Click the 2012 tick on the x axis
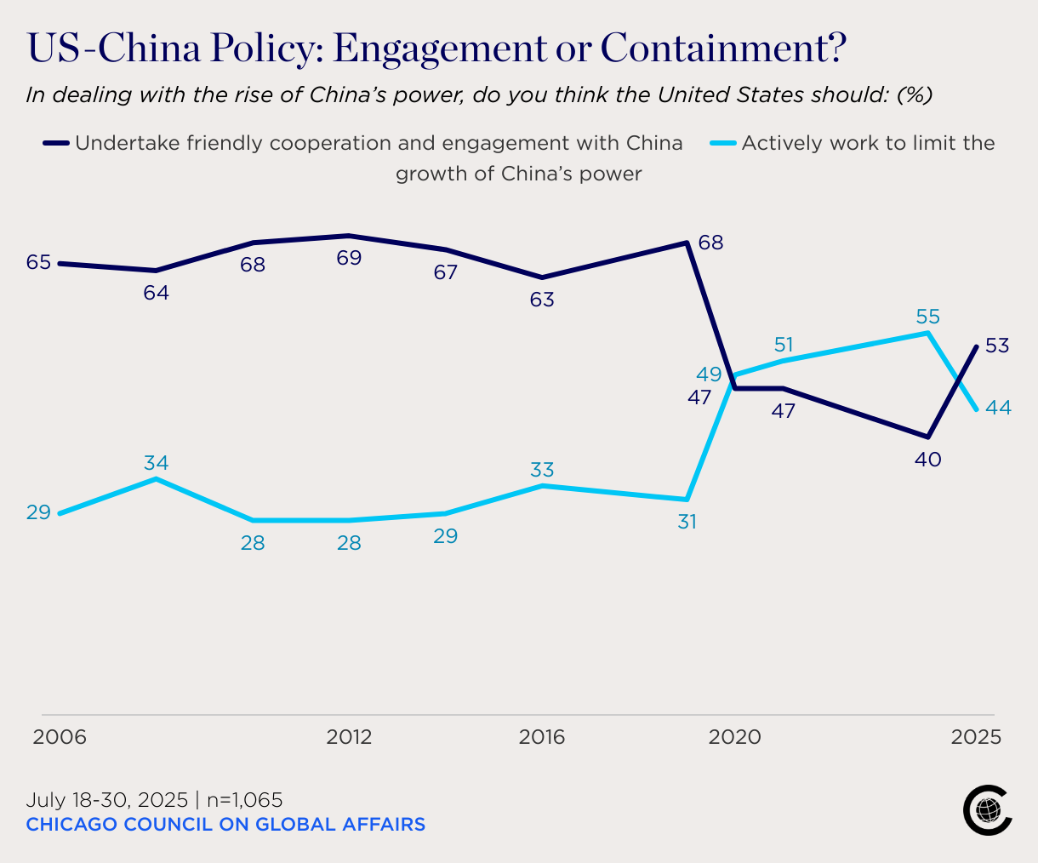[349, 737]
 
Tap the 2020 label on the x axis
[734, 737]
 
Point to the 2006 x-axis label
[60, 737]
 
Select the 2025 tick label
[976, 737]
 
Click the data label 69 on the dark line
[349, 258]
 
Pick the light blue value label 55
[927, 317]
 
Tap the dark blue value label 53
[997, 346]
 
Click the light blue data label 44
[998, 408]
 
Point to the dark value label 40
[927, 460]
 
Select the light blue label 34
[156, 463]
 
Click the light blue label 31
[687, 522]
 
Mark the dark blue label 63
[542, 300]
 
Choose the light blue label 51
[783, 345]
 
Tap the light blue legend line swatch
[722, 143]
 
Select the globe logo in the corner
[988, 810]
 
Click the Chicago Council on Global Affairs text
[225, 824]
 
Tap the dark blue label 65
[38, 262]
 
